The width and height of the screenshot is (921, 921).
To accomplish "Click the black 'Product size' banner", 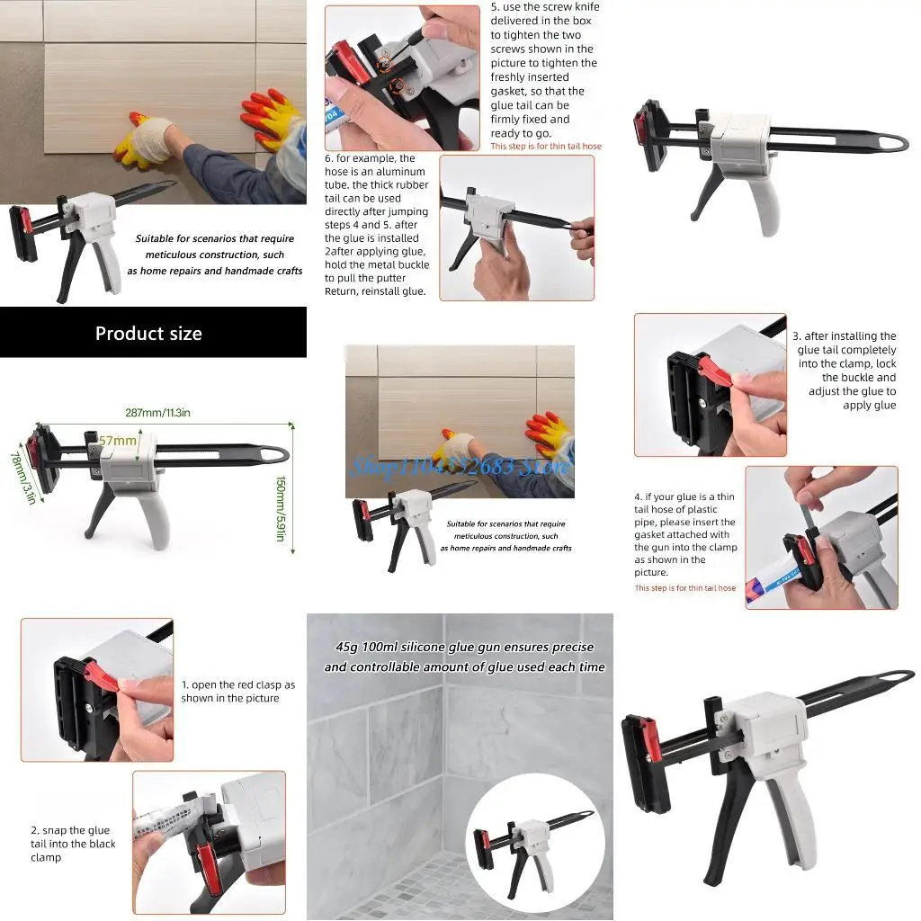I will pos(153,333).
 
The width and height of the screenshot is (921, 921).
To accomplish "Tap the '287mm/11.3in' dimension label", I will pos(157,413).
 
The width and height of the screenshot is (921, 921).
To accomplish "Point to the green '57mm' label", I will pos(118,441).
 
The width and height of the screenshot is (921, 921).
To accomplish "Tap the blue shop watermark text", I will pos(460,466).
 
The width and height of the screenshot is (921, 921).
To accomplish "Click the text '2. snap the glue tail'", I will pos(73,844).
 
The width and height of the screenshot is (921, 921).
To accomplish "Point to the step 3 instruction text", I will pos(846,371).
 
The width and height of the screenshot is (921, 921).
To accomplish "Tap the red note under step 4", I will pos(684,588).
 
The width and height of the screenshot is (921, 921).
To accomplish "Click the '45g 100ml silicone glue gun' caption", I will pos(464,657).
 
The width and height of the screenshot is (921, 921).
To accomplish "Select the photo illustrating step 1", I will pos(97,689).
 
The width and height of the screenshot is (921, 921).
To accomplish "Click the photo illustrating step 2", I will pos(209,842).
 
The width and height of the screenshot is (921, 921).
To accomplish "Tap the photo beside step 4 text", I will pos(820,537).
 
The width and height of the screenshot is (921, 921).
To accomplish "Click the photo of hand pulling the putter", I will pos(516,228).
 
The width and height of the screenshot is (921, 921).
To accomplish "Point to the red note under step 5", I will pos(545,147).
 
